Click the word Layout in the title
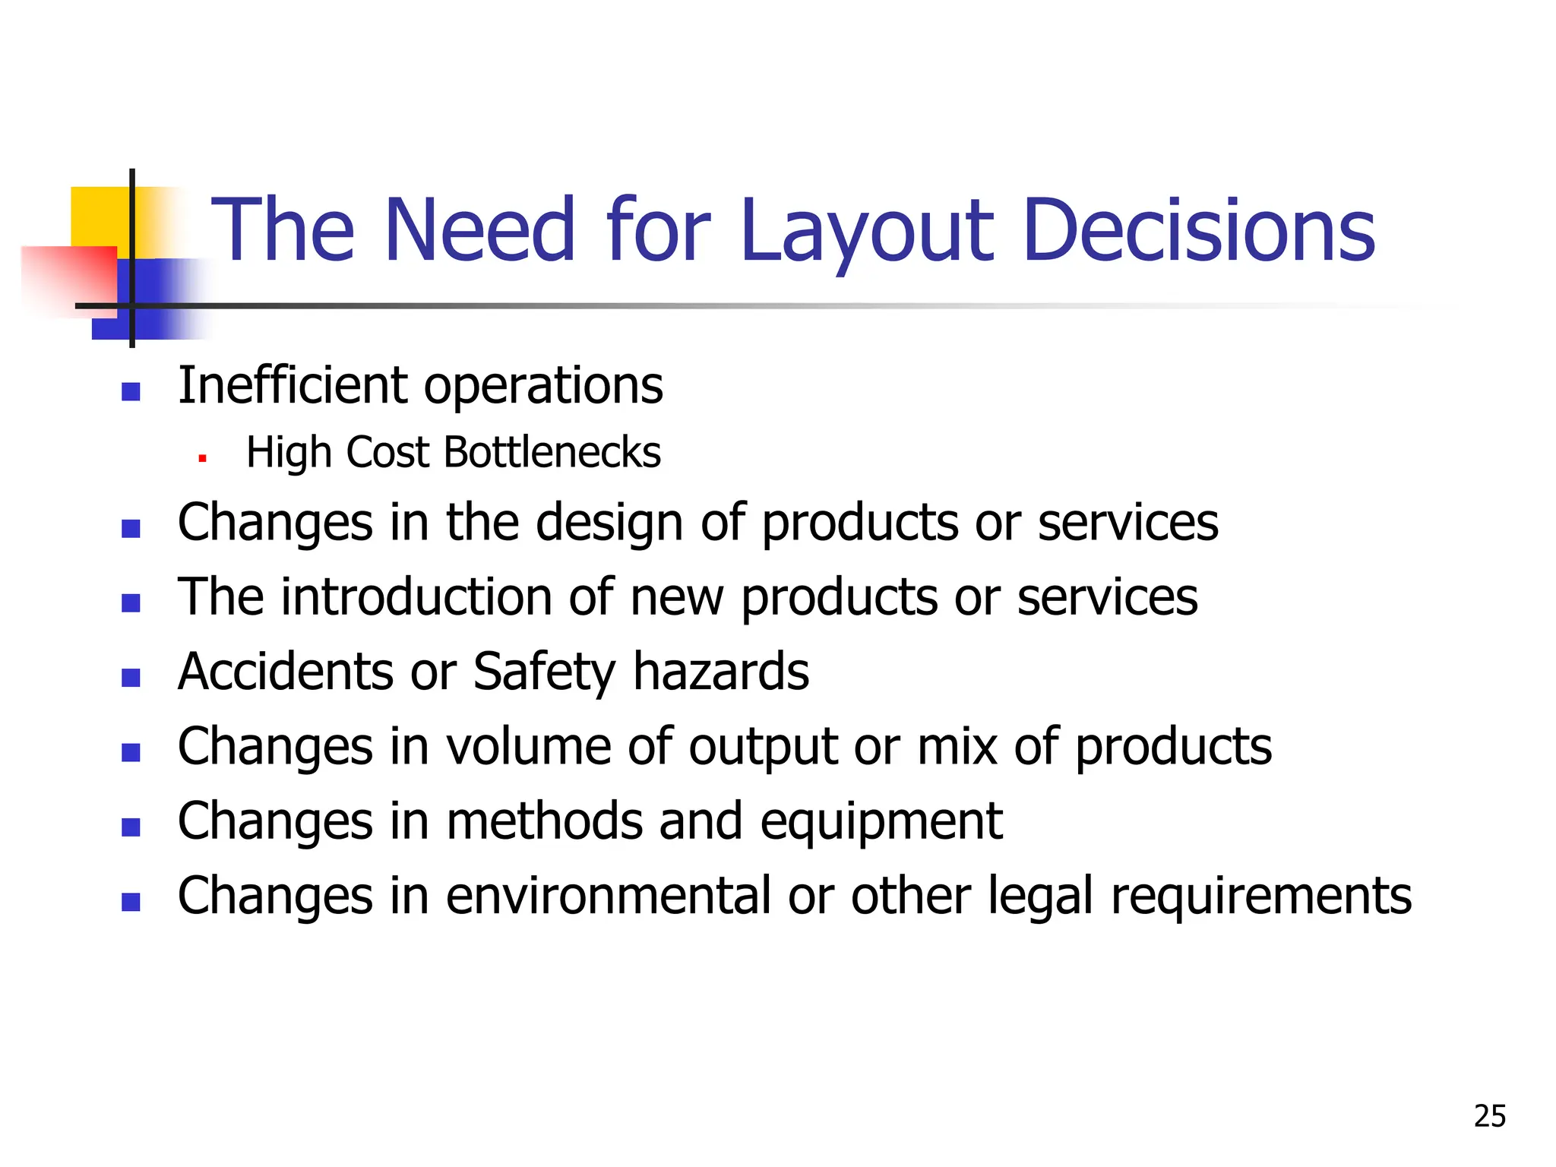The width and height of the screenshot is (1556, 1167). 867,231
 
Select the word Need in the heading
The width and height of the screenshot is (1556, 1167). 479,231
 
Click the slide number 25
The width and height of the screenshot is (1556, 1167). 1489,1116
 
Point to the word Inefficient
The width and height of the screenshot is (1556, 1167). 293,385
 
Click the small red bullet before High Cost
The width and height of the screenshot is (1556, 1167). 202,458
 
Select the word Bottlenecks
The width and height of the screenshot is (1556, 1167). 552,453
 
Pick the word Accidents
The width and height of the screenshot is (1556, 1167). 286,672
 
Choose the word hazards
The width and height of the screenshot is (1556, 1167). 721,672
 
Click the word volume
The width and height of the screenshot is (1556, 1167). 528,746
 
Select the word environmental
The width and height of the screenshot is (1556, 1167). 608,896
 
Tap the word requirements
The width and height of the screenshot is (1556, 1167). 1261,896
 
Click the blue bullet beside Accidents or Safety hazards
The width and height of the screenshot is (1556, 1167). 131,677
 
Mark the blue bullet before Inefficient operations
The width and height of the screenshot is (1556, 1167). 131,391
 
